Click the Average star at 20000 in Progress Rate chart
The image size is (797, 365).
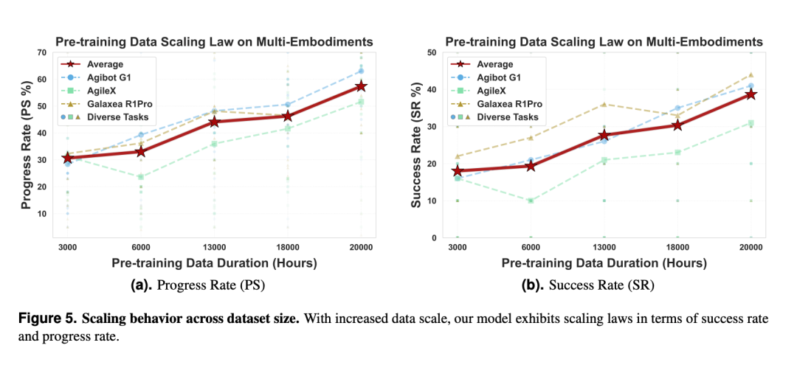pos(361,86)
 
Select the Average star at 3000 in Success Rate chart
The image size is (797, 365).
pos(457,171)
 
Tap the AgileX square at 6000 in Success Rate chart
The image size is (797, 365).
pos(531,201)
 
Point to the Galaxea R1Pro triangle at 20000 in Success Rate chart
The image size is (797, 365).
pos(751,74)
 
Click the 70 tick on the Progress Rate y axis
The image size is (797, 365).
pos(44,52)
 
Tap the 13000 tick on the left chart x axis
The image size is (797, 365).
pos(214,246)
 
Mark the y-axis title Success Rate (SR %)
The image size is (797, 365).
pos(417,145)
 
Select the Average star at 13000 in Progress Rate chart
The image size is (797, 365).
pos(214,121)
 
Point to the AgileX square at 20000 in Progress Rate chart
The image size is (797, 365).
pos(361,102)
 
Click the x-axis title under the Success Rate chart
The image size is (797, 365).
pos(604,263)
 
